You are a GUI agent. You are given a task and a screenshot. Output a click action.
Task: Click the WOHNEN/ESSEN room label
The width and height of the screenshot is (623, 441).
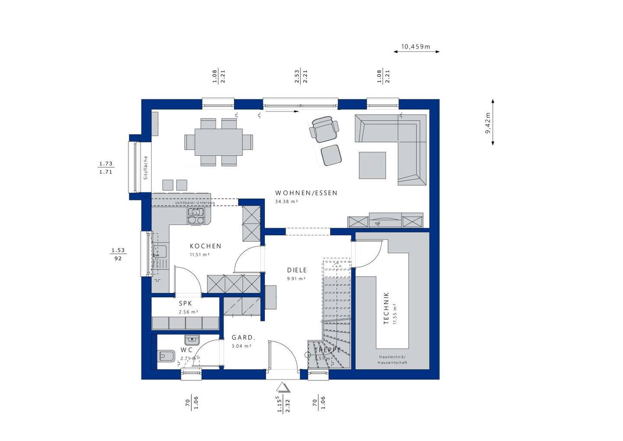(306, 193)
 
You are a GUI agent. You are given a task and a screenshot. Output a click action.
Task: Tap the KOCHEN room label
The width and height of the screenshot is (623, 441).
(206, 246)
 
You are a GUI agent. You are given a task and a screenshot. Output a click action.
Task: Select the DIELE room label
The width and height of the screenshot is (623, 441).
(297, 270)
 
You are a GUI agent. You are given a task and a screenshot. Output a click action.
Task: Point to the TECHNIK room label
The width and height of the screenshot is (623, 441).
(386, 308)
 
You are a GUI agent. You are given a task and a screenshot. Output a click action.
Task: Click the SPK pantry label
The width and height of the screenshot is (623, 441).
(185, 303)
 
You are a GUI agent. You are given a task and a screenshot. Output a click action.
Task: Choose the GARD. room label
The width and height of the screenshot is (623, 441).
(243, 338)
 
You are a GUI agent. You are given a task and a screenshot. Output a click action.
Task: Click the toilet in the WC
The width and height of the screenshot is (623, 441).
(166, 356)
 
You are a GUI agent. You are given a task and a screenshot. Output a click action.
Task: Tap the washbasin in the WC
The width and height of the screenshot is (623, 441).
(192, 339)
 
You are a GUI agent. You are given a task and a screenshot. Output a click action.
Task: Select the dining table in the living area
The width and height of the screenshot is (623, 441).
(218, 142)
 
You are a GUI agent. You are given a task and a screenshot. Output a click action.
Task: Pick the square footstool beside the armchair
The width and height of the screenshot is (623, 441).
(331, 155)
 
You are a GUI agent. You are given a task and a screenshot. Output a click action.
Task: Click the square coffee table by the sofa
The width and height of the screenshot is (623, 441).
(372, 165)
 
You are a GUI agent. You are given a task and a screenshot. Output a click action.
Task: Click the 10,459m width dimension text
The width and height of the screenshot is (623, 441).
(415, 47)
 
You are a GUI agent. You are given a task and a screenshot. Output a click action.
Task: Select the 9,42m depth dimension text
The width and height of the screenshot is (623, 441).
(488, 123)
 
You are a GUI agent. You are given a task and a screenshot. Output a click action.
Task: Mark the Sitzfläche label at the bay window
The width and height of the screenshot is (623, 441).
(146, 167)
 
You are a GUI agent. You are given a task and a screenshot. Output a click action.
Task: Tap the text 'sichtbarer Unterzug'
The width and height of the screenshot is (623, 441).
(195, 203)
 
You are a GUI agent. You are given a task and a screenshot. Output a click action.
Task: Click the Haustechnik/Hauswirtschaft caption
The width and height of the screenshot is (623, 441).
(392, 359)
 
